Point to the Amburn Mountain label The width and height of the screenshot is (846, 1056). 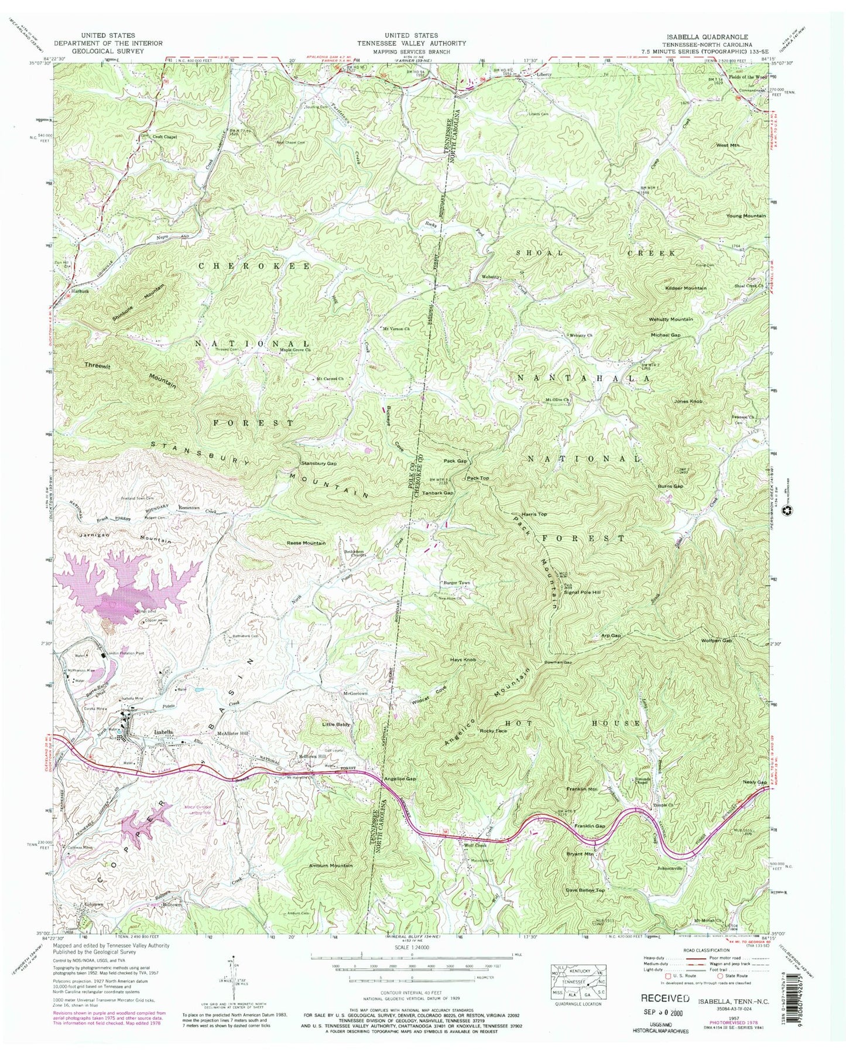tap(331, 866)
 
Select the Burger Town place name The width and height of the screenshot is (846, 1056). tap(456, 583)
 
